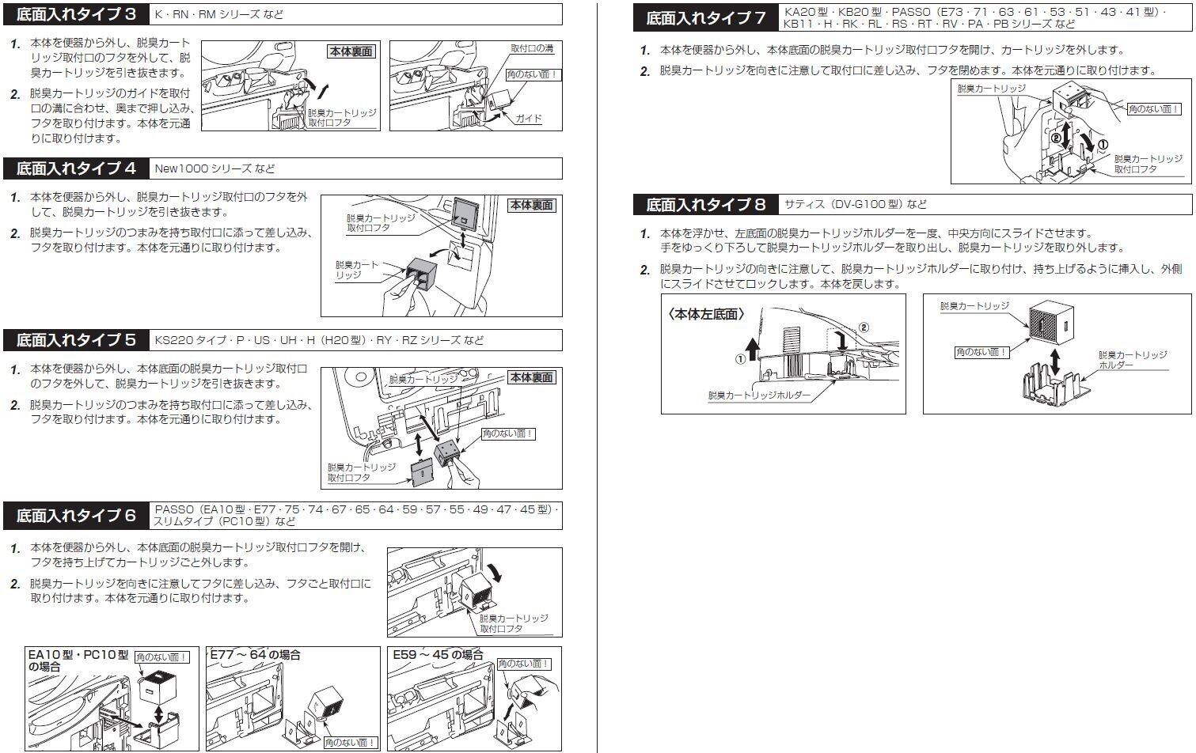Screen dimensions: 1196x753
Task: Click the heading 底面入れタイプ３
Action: pyautogui.click(x=76, y=14)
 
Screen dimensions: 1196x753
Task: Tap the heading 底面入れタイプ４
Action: pyautogui.click(x=76, y=168)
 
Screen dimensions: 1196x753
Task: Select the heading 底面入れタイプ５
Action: pyautogui.click(x=76, y=340)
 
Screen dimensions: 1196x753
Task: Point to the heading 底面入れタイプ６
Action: pyautogui.click(x=76, y=516)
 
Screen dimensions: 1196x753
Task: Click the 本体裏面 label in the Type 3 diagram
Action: pyautogui.click(x=351, y=51)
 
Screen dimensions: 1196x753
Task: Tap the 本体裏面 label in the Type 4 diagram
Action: pyautogui.click(x=531, y=205)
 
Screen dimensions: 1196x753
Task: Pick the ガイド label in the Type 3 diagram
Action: pyautogui.click(x=529, y=119)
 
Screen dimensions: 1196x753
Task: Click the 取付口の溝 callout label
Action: pyautogui.click(x=532, y=48)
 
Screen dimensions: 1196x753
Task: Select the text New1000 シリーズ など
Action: pyautogui.click(x=215, y=168)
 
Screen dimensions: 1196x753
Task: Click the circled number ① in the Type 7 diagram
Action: pyautogui.click(x=1103, y=144)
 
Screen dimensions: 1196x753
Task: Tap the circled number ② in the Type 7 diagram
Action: pyautogui.click(x=1055, y=138)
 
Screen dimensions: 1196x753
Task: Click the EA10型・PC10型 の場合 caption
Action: pyautogui.click(x=77, y=660)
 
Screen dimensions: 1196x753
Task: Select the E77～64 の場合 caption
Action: pyautogui.click(x=255, y=655)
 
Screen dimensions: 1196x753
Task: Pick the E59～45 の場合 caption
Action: pyautogui.click(x=438, y=655)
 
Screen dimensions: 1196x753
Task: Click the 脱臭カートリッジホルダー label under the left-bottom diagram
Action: pyautogui.click(x=759, y=395)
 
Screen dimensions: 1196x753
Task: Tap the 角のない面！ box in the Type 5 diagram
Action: pyautogui.click(x=508, y=433)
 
